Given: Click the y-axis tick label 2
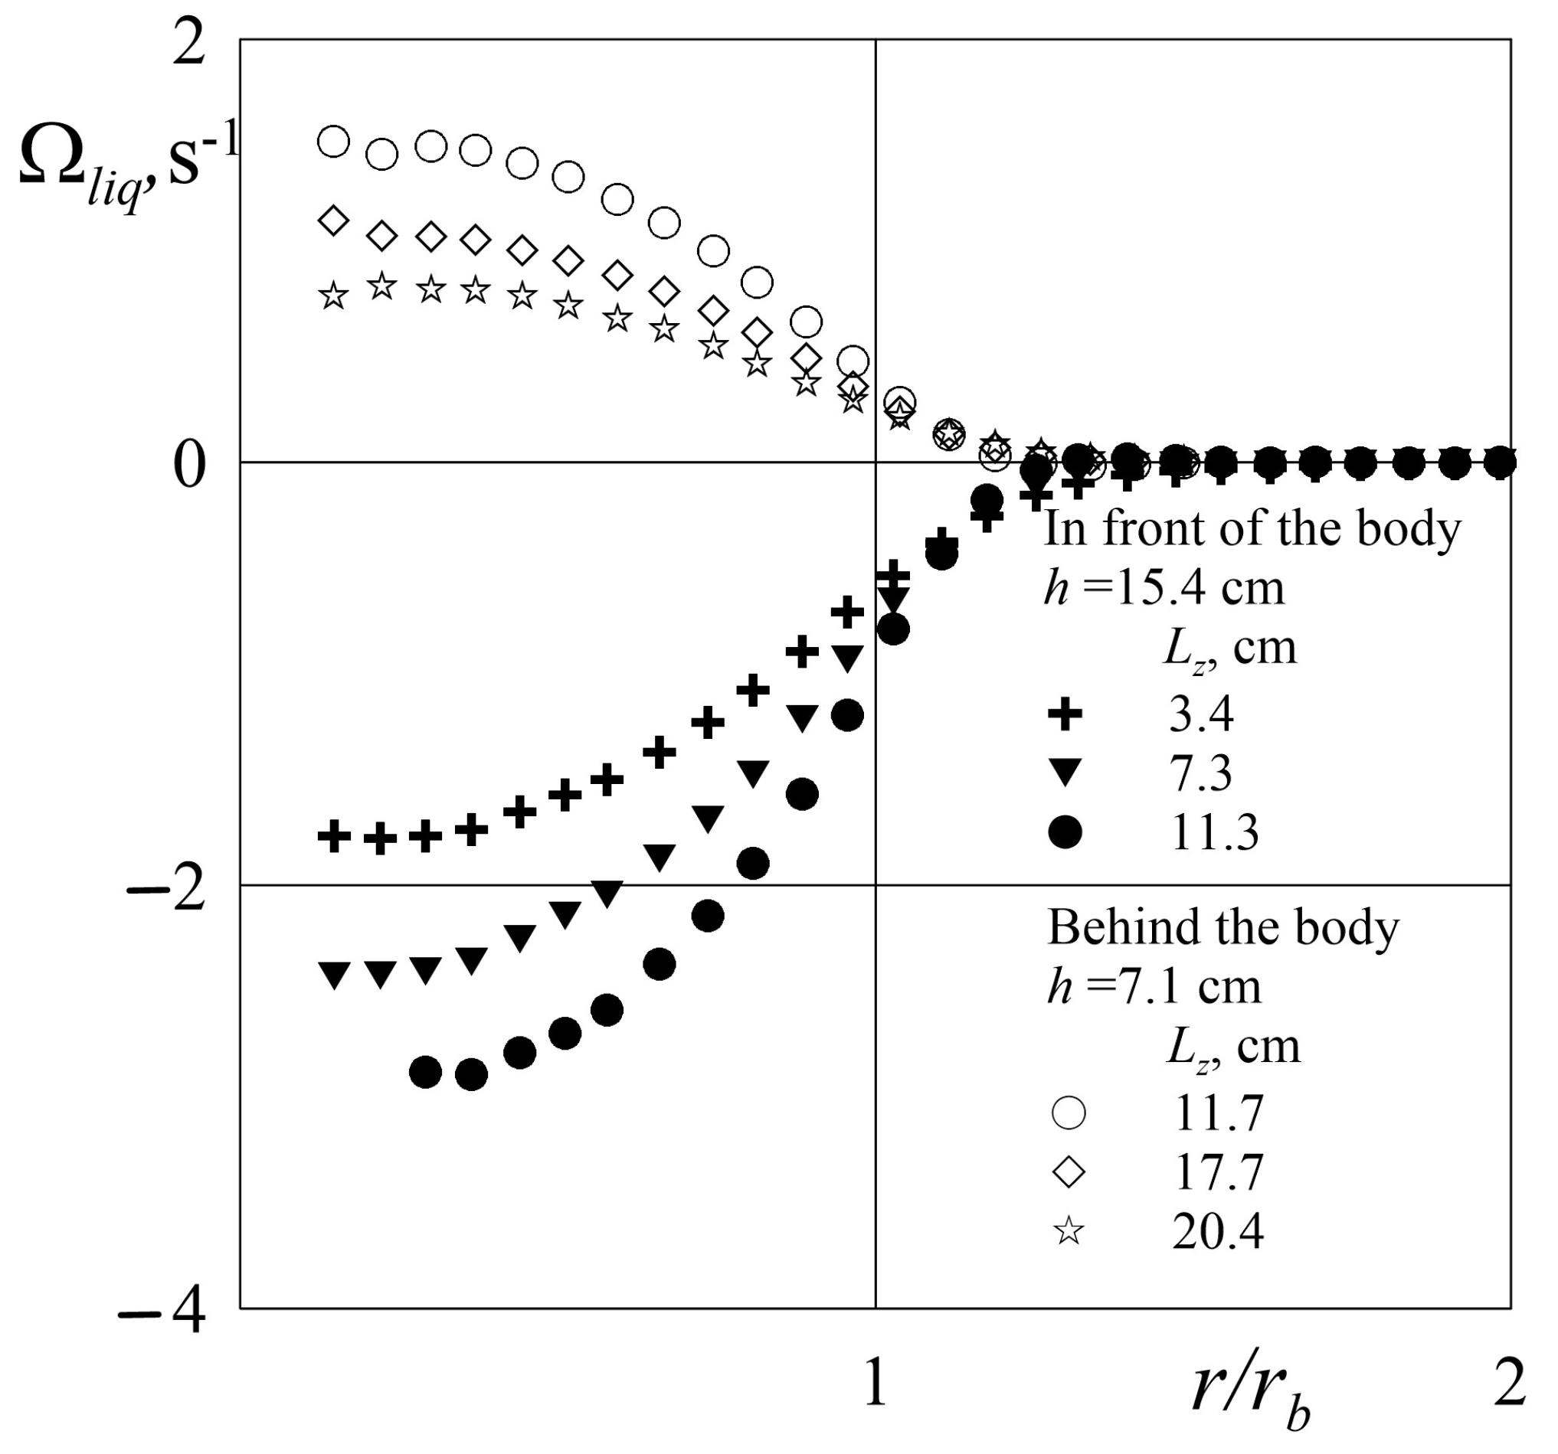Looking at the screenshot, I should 188,45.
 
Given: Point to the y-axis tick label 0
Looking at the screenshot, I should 188,467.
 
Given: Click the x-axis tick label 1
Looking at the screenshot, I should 876,1384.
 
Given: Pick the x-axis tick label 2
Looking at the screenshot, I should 1510,1384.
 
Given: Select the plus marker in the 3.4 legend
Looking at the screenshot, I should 1065,714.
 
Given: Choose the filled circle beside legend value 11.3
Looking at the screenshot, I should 1065,832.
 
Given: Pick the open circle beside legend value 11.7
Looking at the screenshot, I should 1069,1113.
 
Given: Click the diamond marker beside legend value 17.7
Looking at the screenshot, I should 1069,1172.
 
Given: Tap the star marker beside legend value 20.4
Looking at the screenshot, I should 1069,1231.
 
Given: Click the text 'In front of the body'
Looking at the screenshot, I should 1252,529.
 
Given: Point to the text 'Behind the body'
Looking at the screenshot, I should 1223,927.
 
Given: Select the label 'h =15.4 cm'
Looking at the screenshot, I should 1164,587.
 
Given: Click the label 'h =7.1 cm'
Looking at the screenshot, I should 1154,986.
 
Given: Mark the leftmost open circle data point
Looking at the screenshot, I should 334,142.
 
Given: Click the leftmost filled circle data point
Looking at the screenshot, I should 426,1072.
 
